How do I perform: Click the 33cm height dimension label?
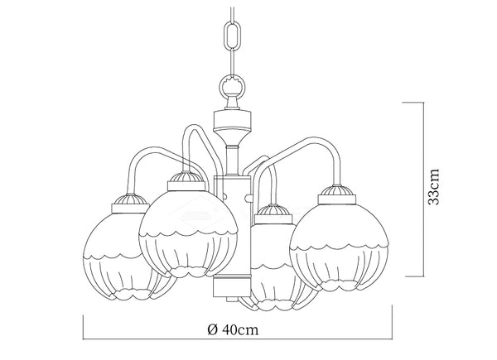[x=434, y=187]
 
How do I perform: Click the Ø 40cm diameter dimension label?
[x=233, y=330]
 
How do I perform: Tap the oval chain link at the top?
[x=234, y=34]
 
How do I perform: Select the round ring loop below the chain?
[x=234, y=85]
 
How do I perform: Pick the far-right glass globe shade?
[x=339, y=247]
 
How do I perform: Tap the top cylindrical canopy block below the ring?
[x=233, y=121]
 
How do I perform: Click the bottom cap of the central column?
[x=233, y=286]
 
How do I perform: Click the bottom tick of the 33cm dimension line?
[x=415, y=276]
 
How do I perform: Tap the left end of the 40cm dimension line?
[x=83, y=339]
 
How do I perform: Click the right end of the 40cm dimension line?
[x=392, y=339]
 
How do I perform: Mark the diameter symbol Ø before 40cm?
[x=212, y=330]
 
